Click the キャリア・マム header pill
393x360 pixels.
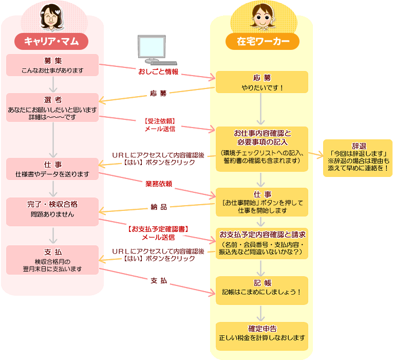pos(51,41)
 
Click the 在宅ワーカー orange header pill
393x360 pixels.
pos(262,41)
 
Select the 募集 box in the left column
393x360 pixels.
pos(52,65)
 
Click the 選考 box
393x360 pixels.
pos(52,107)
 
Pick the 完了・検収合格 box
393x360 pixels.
pos(52,209)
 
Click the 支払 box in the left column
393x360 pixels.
pos(52,260)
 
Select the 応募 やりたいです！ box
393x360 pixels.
pos(262,82)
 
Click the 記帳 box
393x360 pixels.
pos(262,287)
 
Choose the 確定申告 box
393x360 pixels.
pos(262,333)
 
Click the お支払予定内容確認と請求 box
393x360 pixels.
pos(262,243)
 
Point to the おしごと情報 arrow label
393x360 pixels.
pos(158,71)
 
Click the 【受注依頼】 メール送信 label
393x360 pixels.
pos(159,125)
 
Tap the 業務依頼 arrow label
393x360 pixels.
pos(158,184)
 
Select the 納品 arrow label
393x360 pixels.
pos(158,207)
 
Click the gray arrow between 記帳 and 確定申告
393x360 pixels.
pos(262,312)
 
